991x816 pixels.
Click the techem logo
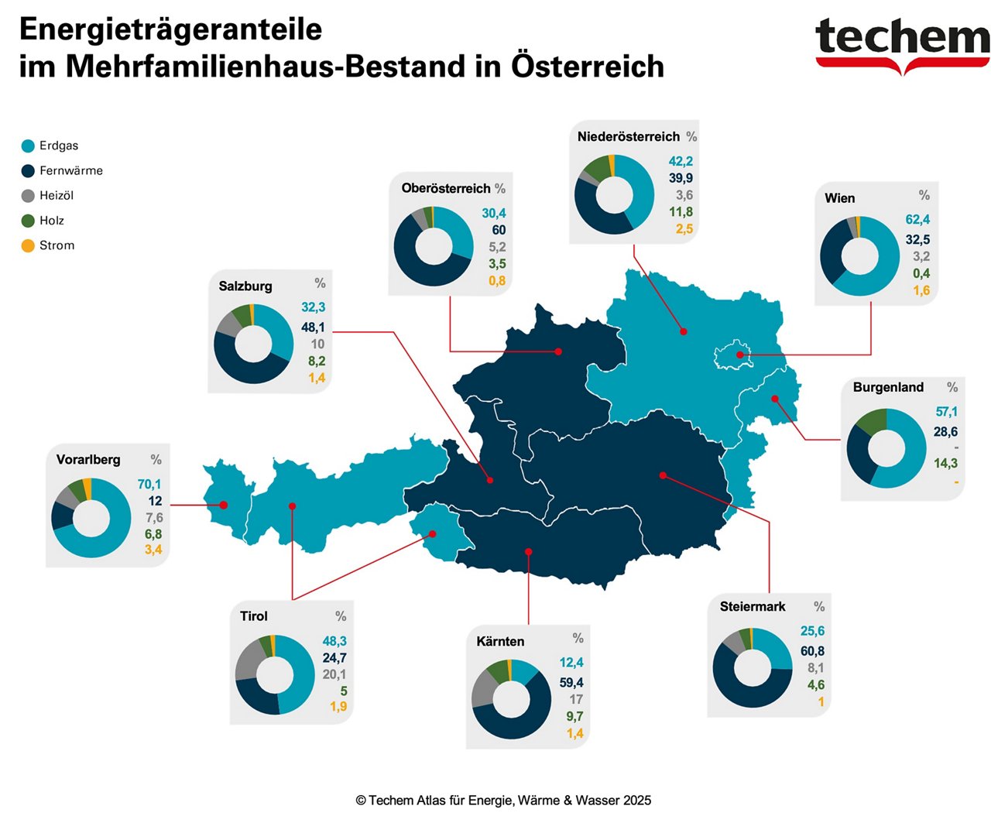tap(902, 43)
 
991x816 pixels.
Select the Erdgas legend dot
tap(28, 146)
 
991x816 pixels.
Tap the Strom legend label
tap(57, 245)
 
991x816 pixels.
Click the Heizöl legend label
tap(57, 196)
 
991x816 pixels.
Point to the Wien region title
tap(839, 198)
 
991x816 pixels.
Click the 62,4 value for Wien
tap(917, 220)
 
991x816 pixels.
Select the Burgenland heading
tap(888, 387)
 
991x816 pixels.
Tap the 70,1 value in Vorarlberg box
tap(149, 485)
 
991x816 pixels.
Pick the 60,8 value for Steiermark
tap(812, 651)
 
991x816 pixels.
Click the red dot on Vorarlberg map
tap(224, 505)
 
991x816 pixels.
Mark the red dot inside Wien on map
tap(740, 355)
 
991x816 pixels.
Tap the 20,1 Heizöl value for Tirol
tap(334, 674)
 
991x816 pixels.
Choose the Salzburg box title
tap(245, 286)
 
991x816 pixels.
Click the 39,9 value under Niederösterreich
tap(681, 178)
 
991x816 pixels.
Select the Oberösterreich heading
tap(446, 188)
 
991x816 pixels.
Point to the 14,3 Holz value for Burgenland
tap(945, 464)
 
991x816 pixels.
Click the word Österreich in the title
tap(587, 67)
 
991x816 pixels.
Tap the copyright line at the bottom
tap(503, 801)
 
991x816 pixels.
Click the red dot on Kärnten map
tap(529, 552)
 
